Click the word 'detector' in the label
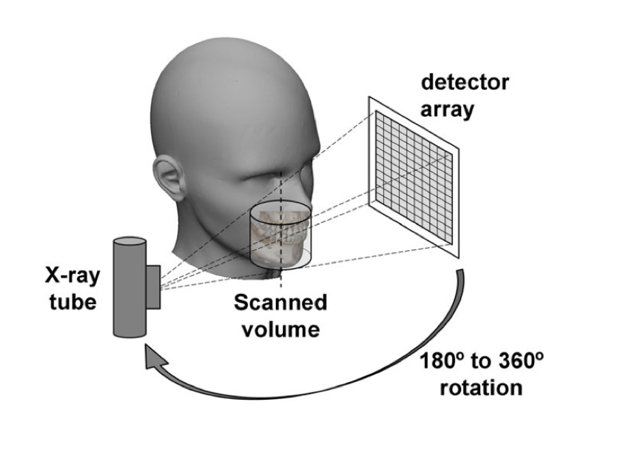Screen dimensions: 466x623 point(465,84)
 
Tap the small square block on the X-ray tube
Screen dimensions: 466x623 point(153,286)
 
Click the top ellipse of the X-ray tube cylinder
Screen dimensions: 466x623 point(128,243)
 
